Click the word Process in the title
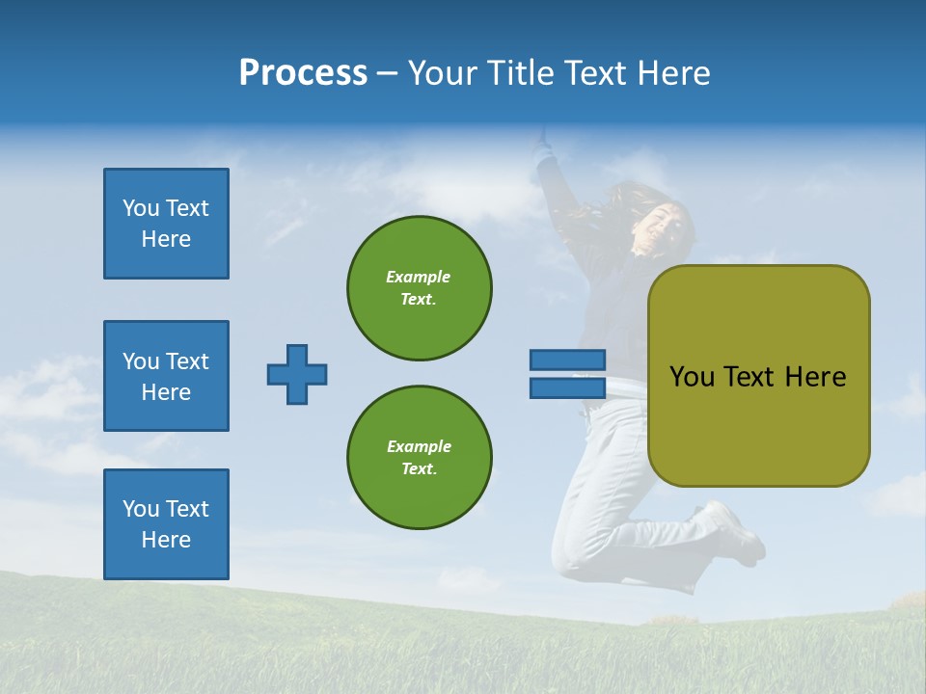[x=303, y=73]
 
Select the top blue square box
[x=166, y=224]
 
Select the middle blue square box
[x=166, y=376]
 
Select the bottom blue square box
[x=166, y=524]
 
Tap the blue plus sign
[x=297, y=374]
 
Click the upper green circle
[x=419, y=287]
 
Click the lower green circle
[x=419, y=457]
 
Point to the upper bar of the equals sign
[x=568, y=360]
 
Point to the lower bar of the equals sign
[x=568, y=387]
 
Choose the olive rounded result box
[x=758, y=376]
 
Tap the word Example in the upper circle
[x=418, y=277]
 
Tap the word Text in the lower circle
[x=418, y=468]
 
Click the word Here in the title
[x=672, y=73]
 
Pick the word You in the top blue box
[x=140, y=208]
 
